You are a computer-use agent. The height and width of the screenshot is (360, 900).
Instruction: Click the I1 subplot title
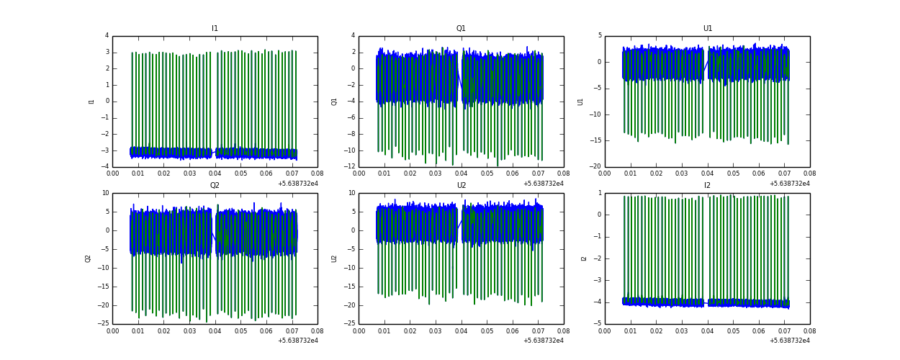click(215, 29)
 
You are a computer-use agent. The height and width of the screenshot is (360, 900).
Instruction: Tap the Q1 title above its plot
click(461, 29)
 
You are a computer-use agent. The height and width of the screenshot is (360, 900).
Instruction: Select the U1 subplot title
click(708, 29)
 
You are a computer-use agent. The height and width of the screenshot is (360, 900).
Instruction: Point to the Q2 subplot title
click(215, 186)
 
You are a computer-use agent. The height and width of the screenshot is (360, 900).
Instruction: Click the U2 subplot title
click(461, 186)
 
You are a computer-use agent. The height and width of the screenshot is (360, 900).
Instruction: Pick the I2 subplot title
click(708, 186)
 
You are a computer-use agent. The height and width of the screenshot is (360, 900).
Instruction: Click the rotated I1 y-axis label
click(91, 102)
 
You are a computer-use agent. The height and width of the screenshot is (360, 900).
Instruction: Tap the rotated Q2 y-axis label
click(88, 258)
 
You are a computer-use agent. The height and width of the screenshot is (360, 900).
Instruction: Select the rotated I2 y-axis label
click(583, 258)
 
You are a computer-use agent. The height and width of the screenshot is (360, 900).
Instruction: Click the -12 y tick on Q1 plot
click(348, 167)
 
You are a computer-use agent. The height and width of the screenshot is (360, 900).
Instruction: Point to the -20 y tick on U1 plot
click(595, 167)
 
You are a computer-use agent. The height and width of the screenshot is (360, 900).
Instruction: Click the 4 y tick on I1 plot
click(107, 36)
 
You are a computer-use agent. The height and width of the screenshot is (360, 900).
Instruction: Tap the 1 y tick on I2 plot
click(599, 193)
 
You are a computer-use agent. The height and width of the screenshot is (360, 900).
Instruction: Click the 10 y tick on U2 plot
click(351, 193)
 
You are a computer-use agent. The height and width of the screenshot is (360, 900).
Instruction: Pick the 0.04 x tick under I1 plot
click(215, 174)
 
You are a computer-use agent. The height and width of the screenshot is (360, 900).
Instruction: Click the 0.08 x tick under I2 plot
click(809, 330)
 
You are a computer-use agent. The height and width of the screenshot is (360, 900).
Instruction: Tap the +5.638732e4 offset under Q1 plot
click(544, 184)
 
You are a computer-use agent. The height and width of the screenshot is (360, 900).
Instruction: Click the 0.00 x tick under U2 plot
click(359, 330)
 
